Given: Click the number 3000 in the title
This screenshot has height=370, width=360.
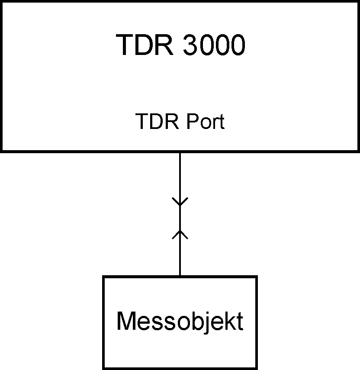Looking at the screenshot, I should click(x=214, y=45).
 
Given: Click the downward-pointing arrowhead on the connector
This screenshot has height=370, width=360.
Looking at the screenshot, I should click(x=180, y=202).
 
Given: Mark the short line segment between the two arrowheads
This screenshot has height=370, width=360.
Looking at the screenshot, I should click(x=180, y=218).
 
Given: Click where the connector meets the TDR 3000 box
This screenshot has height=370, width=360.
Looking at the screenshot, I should click(x=180, y=152).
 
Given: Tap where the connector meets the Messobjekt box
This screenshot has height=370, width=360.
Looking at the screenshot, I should click(x=180, y=276).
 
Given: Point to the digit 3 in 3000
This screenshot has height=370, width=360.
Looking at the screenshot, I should click(x=190, y=45).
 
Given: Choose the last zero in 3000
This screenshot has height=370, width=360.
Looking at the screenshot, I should click(x=237, y=45).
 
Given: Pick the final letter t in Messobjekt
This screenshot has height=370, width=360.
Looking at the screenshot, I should click(x=239, y=322).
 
